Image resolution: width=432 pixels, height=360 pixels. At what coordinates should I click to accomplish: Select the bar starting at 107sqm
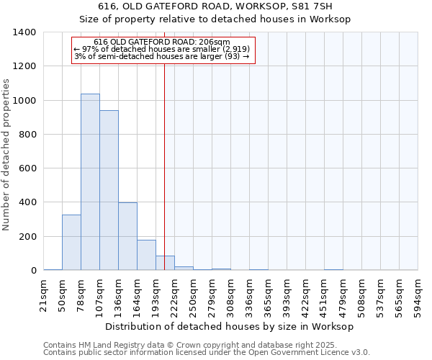pyautogui.click(x=109, y=190)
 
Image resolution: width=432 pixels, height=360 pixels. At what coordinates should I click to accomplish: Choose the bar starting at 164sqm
pyautogui.click(x=146, y=255)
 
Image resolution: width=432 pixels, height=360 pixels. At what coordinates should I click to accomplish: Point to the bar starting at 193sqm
pyautogui.click(x=165, y=263)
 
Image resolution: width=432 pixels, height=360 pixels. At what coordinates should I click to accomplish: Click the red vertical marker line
pyautogui.click(x=165, y=158)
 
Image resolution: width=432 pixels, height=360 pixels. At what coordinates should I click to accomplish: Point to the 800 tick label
pyautogui.click(x=27, y=135)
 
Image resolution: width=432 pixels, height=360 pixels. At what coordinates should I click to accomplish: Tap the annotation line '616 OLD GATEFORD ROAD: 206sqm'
pyautogui.click(x=162, y=42)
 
